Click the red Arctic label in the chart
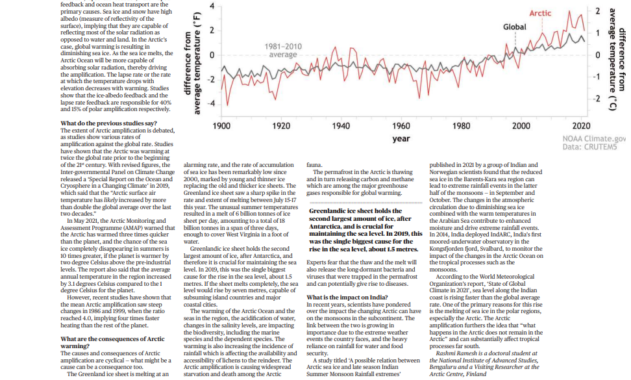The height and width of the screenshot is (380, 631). (540, 13)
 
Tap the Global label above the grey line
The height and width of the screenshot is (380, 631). (514, 27)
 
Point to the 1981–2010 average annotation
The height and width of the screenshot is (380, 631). (283, 51)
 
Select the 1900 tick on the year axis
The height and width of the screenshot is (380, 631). (221, 126)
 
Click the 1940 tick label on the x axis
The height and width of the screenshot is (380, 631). (341, 126)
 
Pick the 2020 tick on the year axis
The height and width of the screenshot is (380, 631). (581, 126)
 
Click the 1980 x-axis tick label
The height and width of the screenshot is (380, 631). (461, 126)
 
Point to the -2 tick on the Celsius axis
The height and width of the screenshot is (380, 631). (597, 99)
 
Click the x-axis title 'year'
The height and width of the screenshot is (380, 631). (401, 139)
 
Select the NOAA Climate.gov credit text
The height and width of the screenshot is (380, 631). (594, 139)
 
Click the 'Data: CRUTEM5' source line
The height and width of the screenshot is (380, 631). (589, 147)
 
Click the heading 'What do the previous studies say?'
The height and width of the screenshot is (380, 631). (108, 123)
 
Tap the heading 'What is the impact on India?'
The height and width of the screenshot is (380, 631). (347, 298)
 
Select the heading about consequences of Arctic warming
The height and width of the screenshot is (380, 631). (113, 342)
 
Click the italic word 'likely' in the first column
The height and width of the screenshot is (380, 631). (110, 200)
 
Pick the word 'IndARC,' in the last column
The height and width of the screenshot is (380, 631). (484, 234)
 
